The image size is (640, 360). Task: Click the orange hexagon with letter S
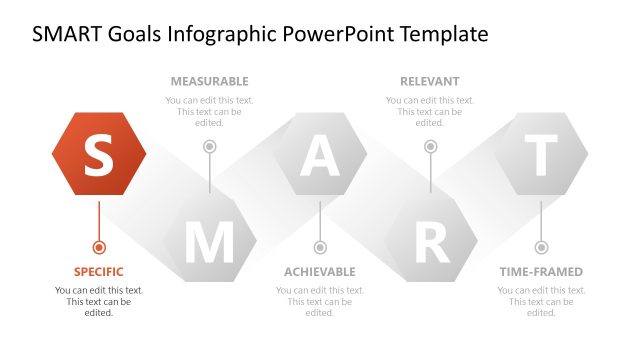pos(98,154)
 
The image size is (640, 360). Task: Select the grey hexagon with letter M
pos(209,241)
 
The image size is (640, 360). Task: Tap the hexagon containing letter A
pos(320,154)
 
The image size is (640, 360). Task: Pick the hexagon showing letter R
pos(431,241)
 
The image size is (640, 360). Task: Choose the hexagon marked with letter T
pos(541,154)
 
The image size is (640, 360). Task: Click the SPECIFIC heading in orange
pos(98,272)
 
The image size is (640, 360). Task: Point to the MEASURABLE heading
pos(209,81)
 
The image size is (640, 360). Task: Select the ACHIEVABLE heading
pos(320,272)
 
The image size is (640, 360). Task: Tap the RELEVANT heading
pos(430,81)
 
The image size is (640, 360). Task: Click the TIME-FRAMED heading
pos(541,272)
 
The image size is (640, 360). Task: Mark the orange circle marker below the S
pos(98,247)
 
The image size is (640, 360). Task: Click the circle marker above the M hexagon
pos(209,147)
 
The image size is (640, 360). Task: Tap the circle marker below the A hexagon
pos(320,247)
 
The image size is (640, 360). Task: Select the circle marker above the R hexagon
pos(431,147)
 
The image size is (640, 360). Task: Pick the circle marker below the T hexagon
pos(541,247)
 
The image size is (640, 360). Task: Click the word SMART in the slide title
pos(68,34)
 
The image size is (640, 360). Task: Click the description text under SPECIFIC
pos(98,301)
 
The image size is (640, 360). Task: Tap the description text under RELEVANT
pos(430,111)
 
